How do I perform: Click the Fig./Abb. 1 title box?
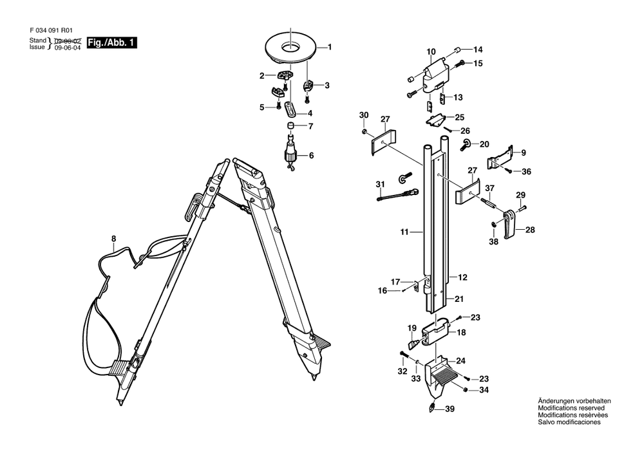(111, 42)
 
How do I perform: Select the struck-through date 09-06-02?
(68, 41)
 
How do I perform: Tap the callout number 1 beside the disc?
(329, 47)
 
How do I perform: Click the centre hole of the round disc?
(291, 48)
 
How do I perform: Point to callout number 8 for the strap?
(114, 239)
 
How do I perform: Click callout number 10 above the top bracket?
(431, 51)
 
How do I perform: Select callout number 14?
(478, 50)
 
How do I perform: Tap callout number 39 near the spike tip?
(450, 409)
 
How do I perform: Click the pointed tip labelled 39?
(432, 407)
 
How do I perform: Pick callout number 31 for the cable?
(381, 184)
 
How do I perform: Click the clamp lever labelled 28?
(509, 224)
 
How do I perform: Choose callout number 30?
(364, 115)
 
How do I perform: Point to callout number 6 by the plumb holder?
(311, 156)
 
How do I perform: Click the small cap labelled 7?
(290, 125)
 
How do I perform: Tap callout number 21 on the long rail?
(459, 299)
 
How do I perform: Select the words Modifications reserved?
(571, 408)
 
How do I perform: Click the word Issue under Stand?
(37, 47)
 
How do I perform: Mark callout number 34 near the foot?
(484, 390)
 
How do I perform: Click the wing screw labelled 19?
(414, 341)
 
